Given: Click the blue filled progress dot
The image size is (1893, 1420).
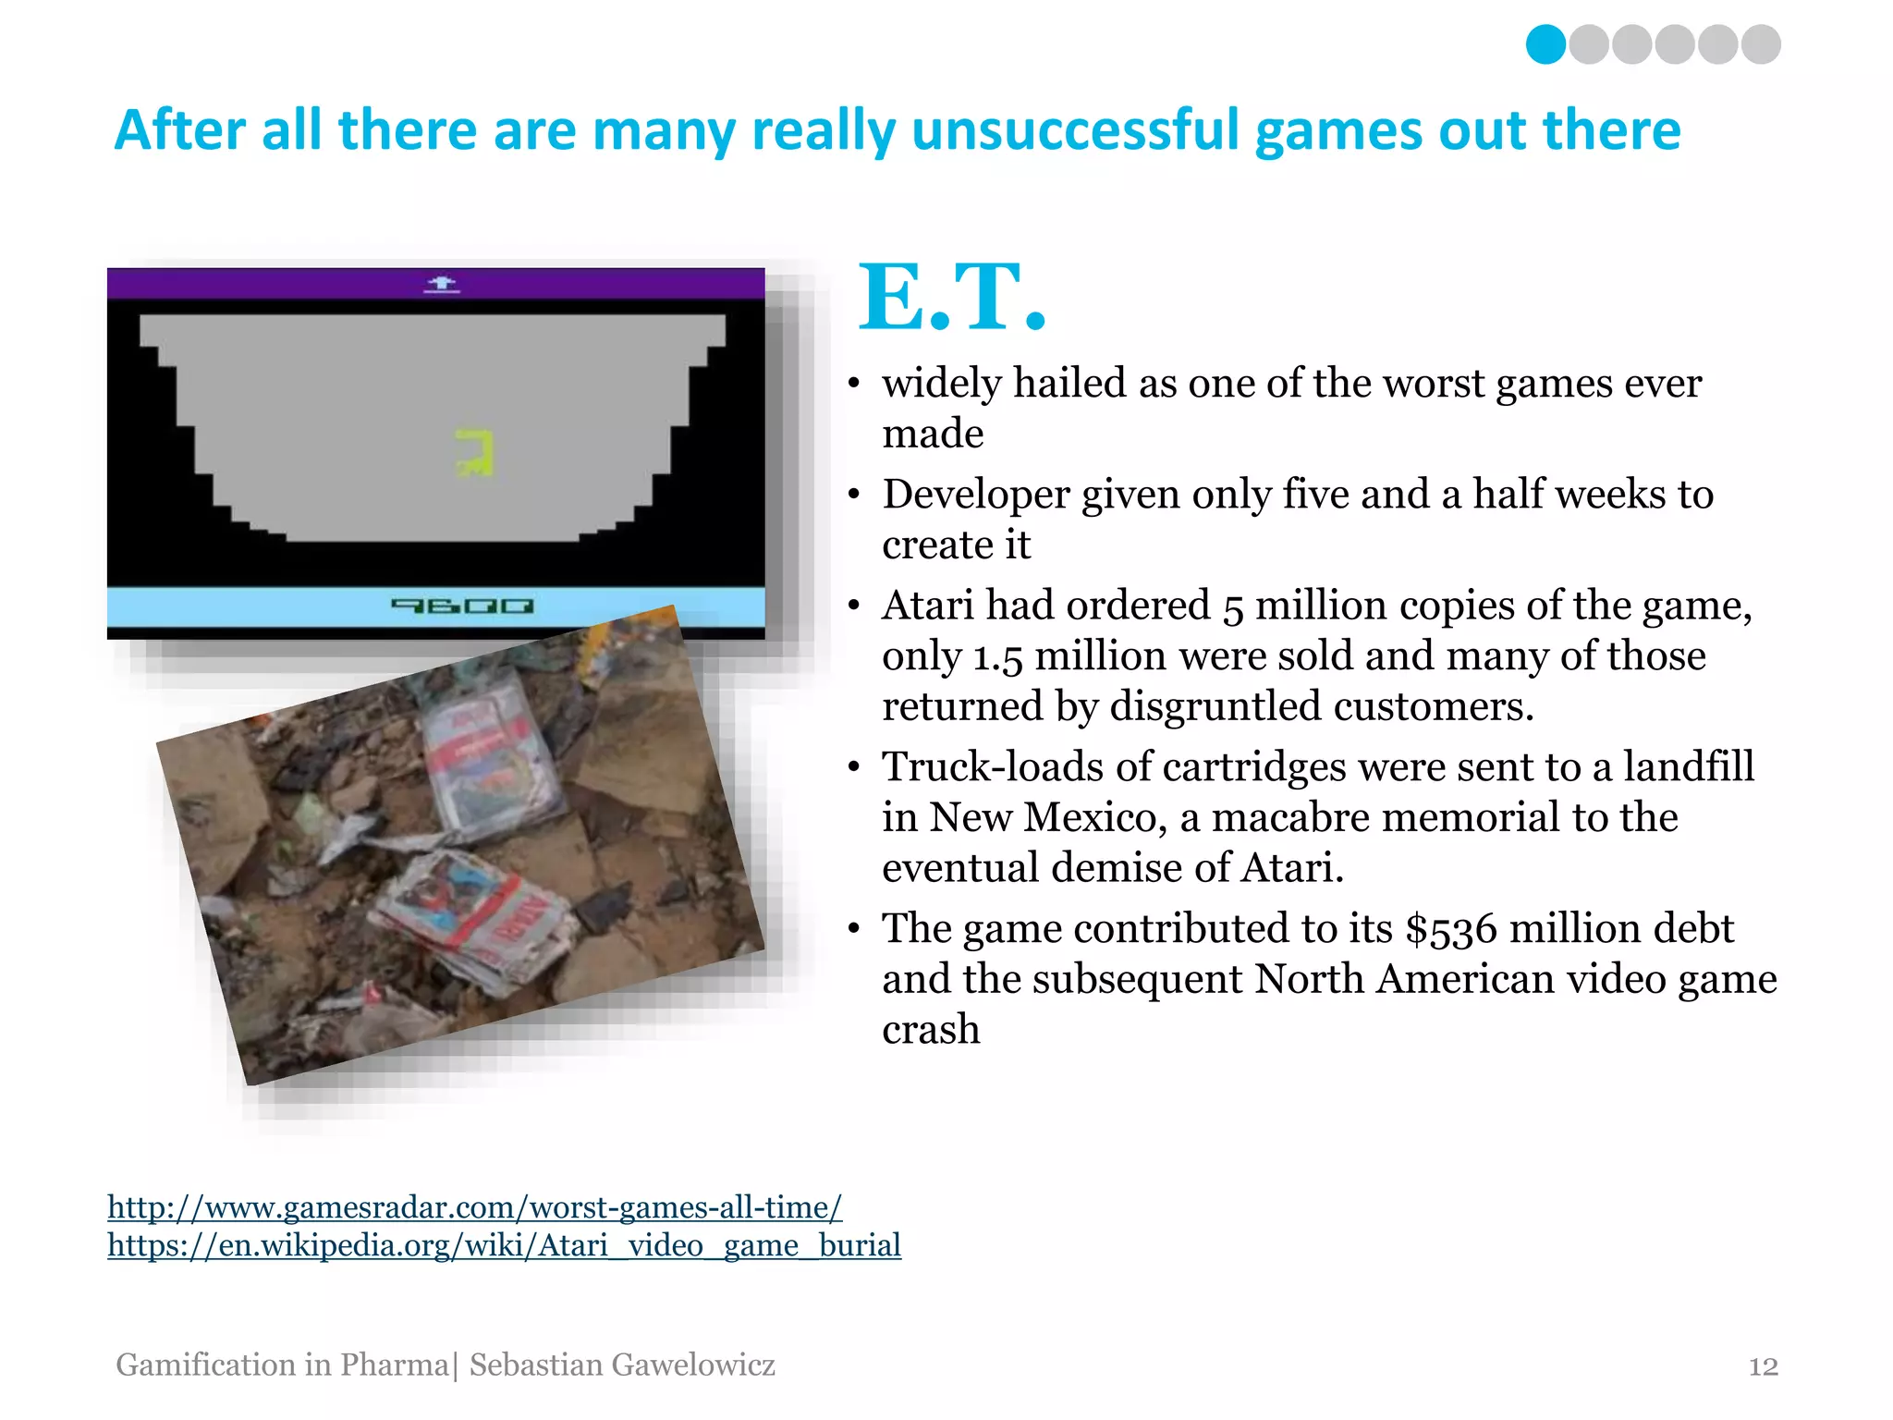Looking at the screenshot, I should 1545,44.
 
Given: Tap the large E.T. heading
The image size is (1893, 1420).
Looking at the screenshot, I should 952,298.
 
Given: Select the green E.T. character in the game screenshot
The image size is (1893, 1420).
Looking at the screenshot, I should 475,452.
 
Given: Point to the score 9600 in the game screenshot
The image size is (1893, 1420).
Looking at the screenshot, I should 462,606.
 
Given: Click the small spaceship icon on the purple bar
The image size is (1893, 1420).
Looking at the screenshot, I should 442,284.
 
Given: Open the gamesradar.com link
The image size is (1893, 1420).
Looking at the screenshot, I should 474,1207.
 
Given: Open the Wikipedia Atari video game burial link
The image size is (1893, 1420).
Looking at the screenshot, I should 504,1245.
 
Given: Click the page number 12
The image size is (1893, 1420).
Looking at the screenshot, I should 1763,1366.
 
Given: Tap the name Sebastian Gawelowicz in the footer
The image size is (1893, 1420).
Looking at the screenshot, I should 622,1365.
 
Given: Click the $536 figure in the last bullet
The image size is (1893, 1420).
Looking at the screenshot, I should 1450,929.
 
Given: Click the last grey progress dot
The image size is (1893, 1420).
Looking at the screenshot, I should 1761,44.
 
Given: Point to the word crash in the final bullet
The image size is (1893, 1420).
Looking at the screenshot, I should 931,1030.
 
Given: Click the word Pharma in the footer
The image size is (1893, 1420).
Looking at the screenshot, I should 394,1365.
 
